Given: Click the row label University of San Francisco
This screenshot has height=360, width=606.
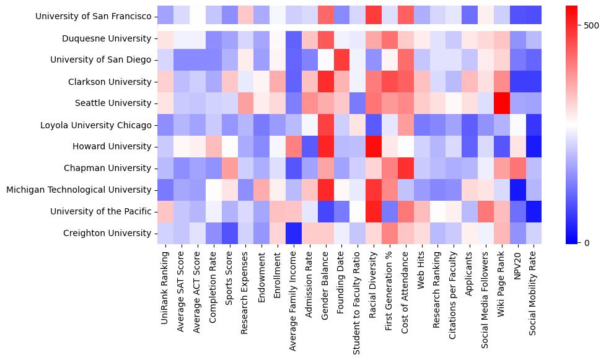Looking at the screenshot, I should pyautogui.click(x=93, y=17).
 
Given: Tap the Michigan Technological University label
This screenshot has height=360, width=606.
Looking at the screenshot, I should pyautogui.click(x=79, y=190).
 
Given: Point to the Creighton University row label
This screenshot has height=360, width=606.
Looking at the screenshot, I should pyautogui.click(x=107, y=233).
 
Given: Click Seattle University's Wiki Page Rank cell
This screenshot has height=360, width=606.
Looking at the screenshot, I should pyautogui.click(x=503, y=103).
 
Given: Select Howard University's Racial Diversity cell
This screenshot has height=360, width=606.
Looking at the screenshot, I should pyautogui.click(x=374, y=147).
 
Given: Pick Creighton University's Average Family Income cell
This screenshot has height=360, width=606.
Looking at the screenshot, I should pyautogui.click(x=294, y=233).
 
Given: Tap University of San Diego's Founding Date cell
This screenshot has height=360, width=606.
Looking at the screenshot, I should pyautogui.click(x=341, y=60).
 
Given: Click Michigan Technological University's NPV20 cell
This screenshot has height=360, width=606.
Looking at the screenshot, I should pyautogui.click(x=518, y=190).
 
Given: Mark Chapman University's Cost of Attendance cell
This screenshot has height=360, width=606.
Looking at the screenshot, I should pyautogui.click(x=406, y=168).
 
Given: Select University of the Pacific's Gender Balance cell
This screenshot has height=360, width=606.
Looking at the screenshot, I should pyautogui.click(x=325, y=211).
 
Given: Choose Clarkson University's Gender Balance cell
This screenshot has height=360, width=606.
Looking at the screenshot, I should pyautogui.click(x=325, y=82).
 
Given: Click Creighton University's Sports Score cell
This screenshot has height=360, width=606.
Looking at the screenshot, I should pyautogui.click(x=229, y=233).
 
